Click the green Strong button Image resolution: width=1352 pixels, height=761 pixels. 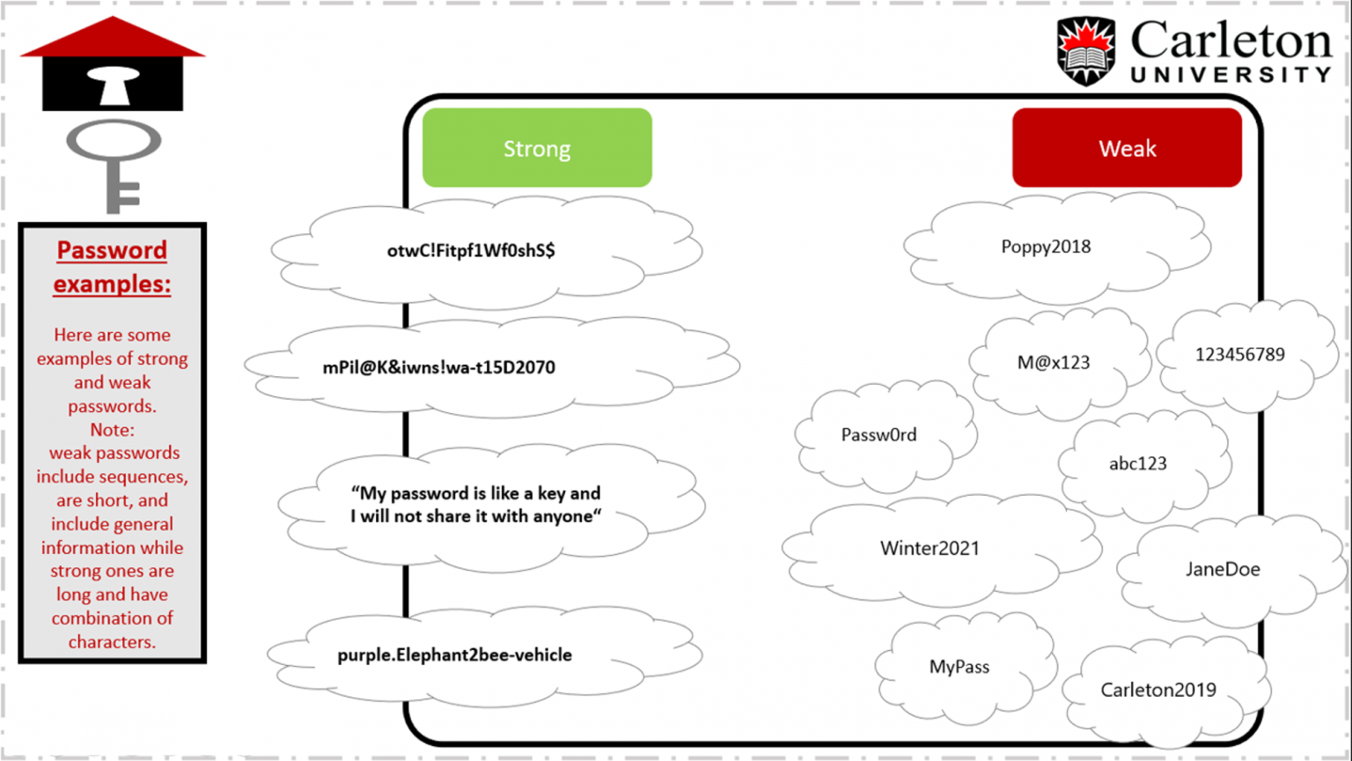pos(537,148)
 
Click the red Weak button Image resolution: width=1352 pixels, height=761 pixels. pos(1127,148)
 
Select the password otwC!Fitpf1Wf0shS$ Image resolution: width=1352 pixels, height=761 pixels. pos(471,250)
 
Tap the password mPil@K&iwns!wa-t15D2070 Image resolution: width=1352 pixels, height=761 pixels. pos(438,367)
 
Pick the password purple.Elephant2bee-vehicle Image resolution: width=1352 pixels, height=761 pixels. pos(454,654)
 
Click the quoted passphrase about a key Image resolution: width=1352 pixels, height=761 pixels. pos(475,505)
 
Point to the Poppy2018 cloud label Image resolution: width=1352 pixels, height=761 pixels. pos(1046,247)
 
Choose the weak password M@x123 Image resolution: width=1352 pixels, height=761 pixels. pos(1054,362)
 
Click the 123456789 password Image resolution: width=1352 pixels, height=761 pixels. pos(1239,354)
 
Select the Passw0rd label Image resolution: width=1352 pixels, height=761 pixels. pos(878,434)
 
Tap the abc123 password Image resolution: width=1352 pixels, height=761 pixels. pos(1137,463)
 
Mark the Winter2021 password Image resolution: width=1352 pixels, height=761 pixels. pos(929,548)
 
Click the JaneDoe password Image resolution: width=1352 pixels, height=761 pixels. pos(1223,569)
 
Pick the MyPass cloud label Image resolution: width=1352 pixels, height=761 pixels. pos(959,667)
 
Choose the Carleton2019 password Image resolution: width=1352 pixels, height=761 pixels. pos(1158,690)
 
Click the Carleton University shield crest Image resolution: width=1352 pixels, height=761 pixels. pos(1085,50)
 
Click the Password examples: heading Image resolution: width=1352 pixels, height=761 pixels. pos(112,267)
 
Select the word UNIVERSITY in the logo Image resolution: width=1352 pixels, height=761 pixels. pos(1231,75)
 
